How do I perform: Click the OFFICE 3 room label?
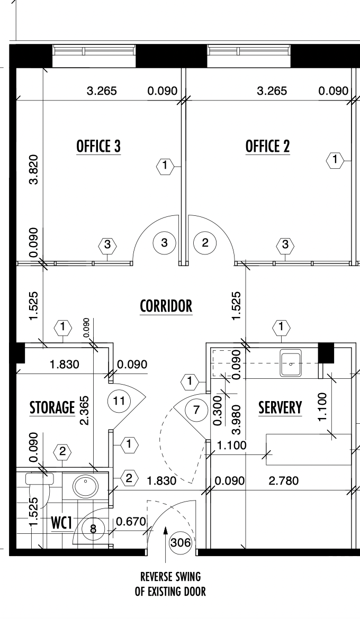pyautogui.click(x=98, y=146)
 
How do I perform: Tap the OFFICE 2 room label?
pyautogui.click(x=267, y=146)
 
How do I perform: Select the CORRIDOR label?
pyautogui.click(x=166, y=306)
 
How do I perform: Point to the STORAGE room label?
pyautogui.click(x=52, y=407)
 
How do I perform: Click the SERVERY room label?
pyautogui.click(x=280, y=407)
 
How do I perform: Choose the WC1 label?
pyautogui.click(x=61, y=523)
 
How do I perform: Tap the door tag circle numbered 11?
pyautogui.click(x=119, y=401)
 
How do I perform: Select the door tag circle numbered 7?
pyautogui.click(x=196, y=410)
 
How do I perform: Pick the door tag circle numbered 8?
pyautogui.click(x=93, y=528)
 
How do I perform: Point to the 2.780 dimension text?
pyautogui.click(x=283, y=481)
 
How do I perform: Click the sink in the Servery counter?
pyautogui.click(x=291, y=363)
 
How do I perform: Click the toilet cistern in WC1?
pyautogui.click(x=40, y=478)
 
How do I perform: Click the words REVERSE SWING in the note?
pyautogui.click(x=170, y=577)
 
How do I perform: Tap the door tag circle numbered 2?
pyautogui.click(x=205, y=242)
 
